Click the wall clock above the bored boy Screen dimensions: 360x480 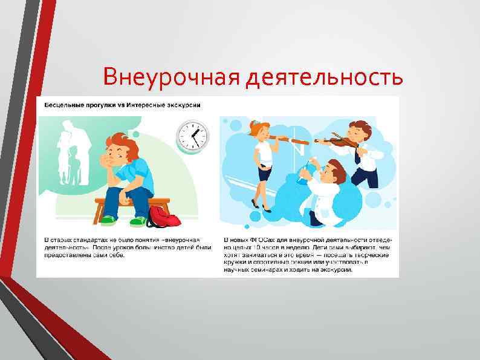coord(192,136)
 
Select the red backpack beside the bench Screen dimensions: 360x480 coord(162,216)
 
